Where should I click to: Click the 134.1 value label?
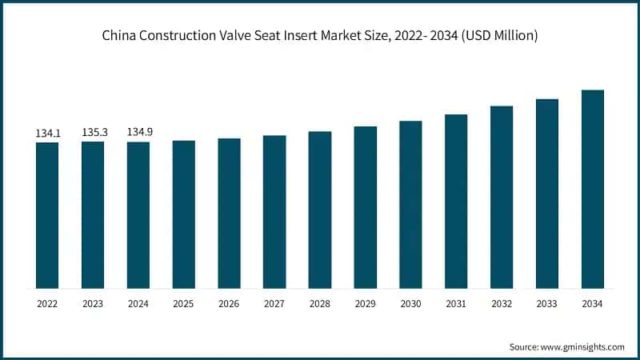(x=47, y=133)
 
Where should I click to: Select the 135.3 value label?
(x=93, y=132)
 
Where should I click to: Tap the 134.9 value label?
(x=138, y=132)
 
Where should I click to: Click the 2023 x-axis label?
(x=93, y=304)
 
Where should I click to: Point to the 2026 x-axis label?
(x=229, y=304)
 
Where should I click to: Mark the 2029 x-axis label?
(x=366, y=304)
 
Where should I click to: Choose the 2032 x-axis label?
(x=502, y=304)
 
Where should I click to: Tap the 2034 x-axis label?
(x=593, y=304)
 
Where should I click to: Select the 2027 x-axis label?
(x=274, y=304)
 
